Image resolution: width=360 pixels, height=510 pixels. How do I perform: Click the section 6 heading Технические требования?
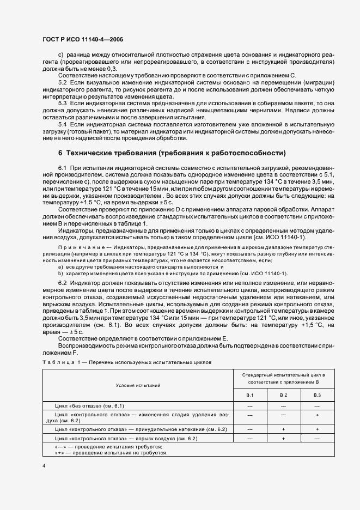click(172, 152)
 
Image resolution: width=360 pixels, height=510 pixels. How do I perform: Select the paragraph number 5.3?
click(62, 102)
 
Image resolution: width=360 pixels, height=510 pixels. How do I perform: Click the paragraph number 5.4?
click(62, 124)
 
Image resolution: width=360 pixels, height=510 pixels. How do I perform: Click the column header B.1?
click(250, 394)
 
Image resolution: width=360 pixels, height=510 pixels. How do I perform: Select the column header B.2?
click(283, 394)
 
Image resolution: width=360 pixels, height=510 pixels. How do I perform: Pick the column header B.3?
click(316, 394)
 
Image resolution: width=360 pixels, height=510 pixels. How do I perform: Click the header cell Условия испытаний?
click(138, 385)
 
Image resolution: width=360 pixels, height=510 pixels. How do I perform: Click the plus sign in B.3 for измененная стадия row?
click(316, 415)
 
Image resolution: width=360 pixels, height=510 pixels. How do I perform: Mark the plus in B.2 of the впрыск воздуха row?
click(283, 438)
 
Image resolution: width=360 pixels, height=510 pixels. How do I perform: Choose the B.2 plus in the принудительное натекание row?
click(283, 429)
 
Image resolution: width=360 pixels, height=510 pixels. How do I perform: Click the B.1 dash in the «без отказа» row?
click(250, 406)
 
